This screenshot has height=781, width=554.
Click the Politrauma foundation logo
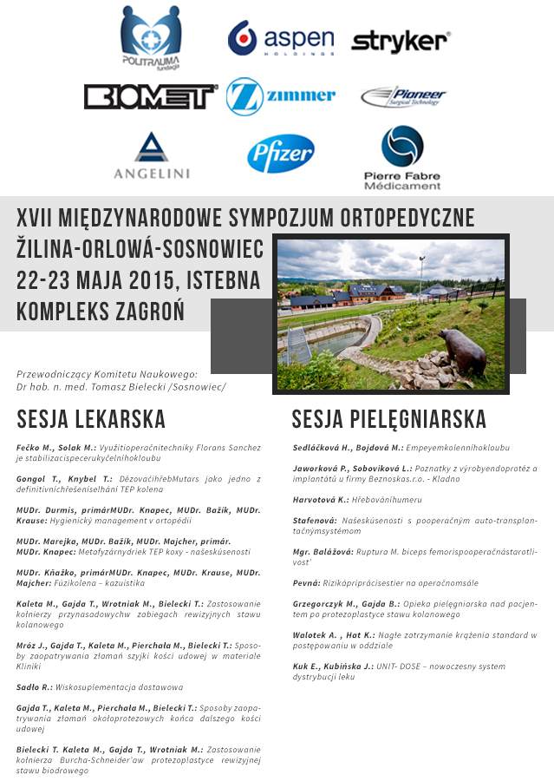coord(151,39)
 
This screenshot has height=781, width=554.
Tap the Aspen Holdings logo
coord(280,39)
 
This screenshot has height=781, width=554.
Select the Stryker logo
coord(400,41)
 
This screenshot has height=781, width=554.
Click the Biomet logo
coord(150,96)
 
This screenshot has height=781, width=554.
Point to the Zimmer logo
coord(280,96)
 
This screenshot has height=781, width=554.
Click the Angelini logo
coord(151,155)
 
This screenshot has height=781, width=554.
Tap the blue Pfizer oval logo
coord(280,154)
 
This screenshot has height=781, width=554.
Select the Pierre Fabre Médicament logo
coord(401,157)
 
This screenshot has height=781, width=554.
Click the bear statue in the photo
coord(463,350)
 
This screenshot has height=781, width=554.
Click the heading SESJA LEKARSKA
coord(91,420)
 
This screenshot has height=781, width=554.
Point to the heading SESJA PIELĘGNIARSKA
coord(388,420)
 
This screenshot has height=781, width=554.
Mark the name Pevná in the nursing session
coord(307,583)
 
